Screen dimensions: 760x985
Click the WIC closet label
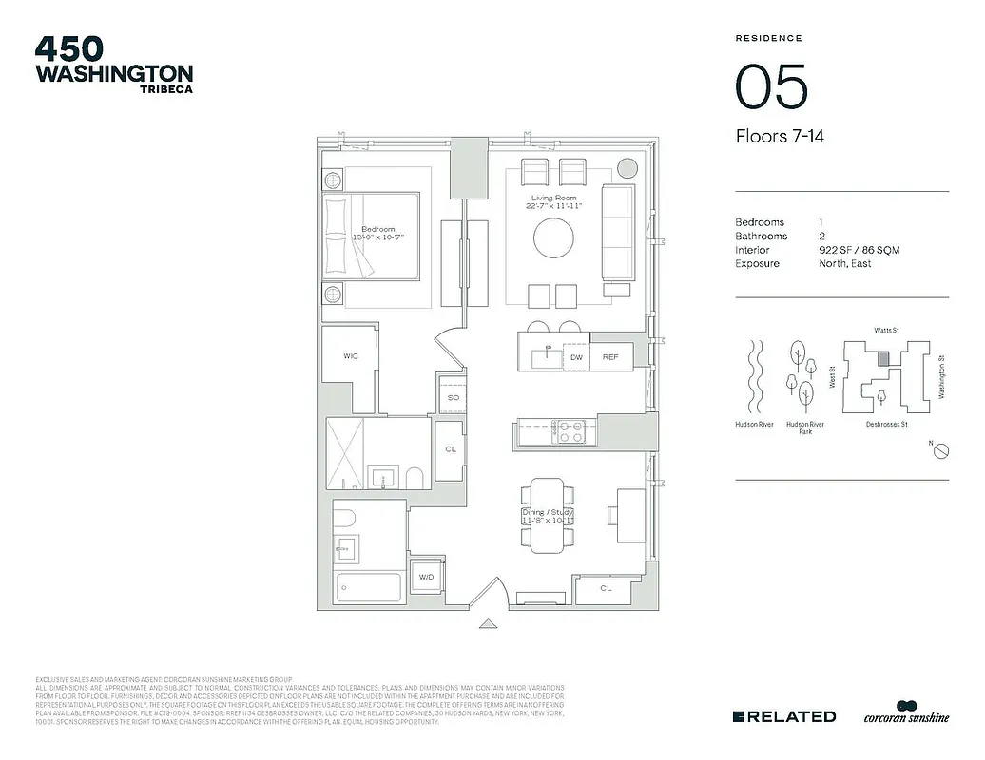click(351, 356)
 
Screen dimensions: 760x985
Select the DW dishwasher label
click(576, 357)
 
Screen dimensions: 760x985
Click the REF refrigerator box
click(610, 357)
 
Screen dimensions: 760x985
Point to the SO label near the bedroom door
click(454, 397)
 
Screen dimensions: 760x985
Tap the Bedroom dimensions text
click(379, 236)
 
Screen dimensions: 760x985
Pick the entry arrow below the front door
click(488, 624)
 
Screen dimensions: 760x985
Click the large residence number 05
click(771, 87)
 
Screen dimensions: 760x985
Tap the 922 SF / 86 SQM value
click(859, 250)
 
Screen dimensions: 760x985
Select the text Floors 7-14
click(780, 137)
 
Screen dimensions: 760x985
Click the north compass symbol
click(938, 451)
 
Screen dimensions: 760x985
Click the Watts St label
click(885, 331)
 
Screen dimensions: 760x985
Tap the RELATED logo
click(785, 716)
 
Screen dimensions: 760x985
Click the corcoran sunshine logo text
click(906, 718)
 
